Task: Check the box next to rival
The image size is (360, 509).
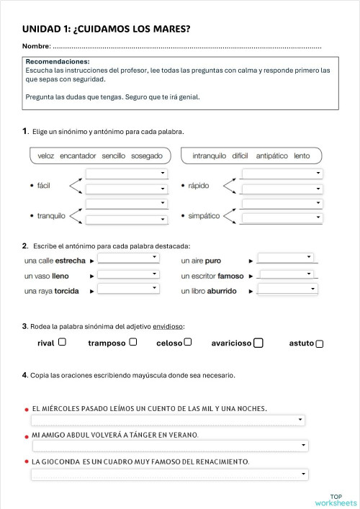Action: [x=62, y=342]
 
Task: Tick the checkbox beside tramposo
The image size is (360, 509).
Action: [x=133, y=342]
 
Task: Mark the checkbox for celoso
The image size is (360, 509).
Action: [x=188, y=342]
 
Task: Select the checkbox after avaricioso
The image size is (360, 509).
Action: [x=258, y=343]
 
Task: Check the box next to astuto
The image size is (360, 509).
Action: [x=320, y=343]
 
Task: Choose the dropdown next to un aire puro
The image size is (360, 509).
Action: [x=287, y=257]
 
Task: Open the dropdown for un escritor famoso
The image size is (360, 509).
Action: [x=287, y=274]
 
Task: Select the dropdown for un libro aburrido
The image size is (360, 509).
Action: [x=287, y=289]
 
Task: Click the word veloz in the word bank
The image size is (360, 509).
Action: [x=46, y=156]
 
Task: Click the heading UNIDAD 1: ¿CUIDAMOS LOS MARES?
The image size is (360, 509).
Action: [x=111, y=30]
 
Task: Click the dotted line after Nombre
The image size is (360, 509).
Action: [x=187, y=48]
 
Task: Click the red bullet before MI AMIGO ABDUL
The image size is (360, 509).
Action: [x=27, y=437]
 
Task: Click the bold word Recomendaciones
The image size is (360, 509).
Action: [x=58, y=62]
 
